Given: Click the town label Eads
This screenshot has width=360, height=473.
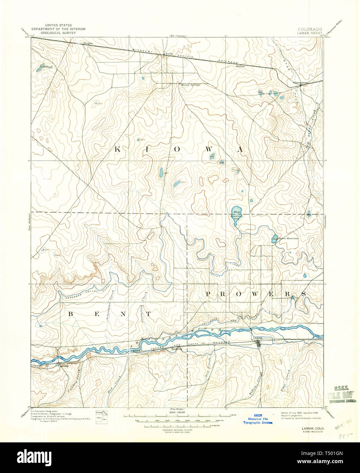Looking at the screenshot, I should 170,54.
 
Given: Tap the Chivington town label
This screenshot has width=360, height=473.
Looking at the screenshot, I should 300,83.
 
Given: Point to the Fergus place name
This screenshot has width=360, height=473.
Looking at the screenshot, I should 88,43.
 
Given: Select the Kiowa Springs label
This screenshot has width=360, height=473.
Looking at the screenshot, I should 191,85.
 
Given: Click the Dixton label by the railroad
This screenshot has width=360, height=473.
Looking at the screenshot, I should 240,66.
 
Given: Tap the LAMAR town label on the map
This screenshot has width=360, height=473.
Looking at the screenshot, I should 258,338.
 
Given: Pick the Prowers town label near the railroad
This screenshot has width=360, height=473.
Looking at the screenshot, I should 176,349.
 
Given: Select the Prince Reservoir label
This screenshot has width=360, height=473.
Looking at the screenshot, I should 288,239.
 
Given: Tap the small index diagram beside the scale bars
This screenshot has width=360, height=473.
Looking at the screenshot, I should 101,416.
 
